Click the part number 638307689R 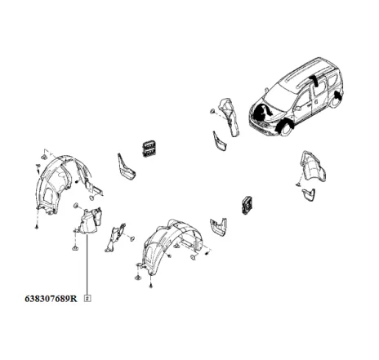coord(44,299)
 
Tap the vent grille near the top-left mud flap coord(148,146)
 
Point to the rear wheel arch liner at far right coord(313,170)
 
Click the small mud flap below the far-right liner coord(309,194)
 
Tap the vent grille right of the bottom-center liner coord(247,205)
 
